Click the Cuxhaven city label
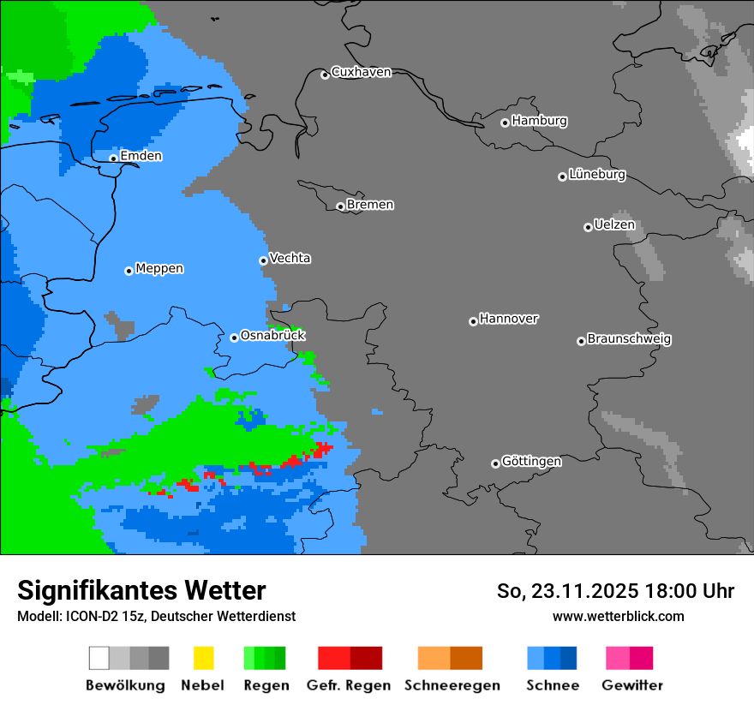[x=361, y=72]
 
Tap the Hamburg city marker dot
[x=505, y=122]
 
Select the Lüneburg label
[x=597, y=175]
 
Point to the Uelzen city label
[x=614, y=225]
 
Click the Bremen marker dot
[x=340, y=206]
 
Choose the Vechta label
[x=290, y=258]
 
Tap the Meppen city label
[x=159, y=269]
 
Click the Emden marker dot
[x=113, y=158]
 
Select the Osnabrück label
[x=272, y=336]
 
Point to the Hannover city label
[x=509, y=319]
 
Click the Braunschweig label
[x=629, y=339]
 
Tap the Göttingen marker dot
[x=495, y=463]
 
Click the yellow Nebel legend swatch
[x=203, y=658]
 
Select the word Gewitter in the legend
[x=632, y=685]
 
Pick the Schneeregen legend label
[x=452, y=685]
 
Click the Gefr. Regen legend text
[x=349, y=685]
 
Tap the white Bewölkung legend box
[x=99, y=658]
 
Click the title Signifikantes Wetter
[x=141, y=590]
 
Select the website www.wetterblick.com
[x=618, y=616]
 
